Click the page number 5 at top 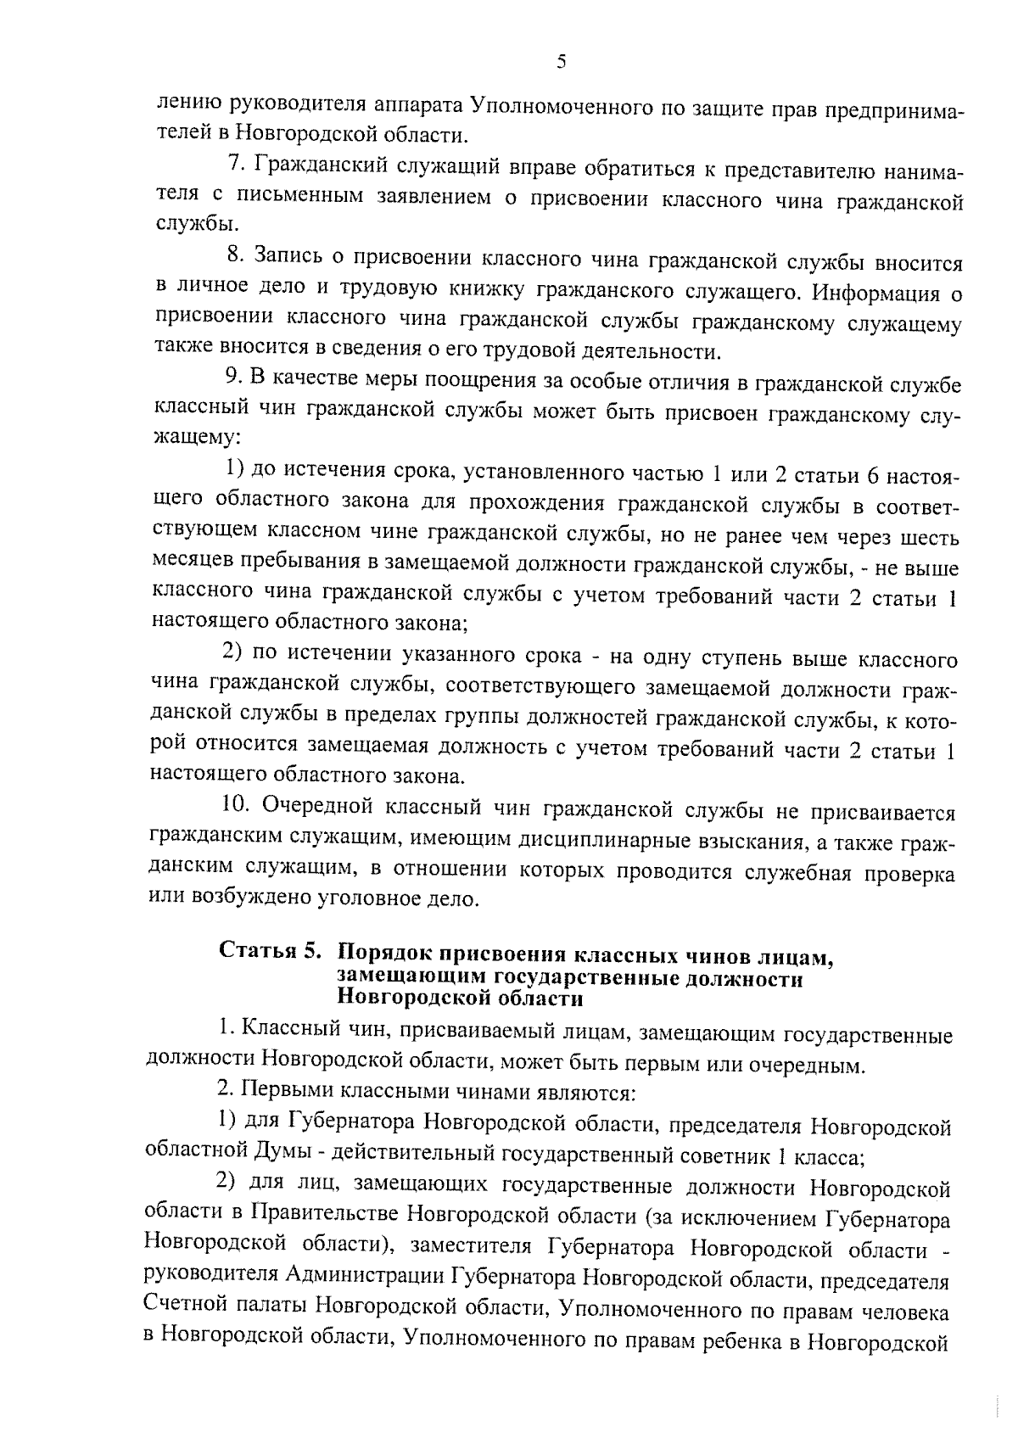tap(561, 61)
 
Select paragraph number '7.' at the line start tap(238, 163)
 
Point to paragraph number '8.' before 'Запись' tap(237, 255)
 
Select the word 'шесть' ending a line tap(931, 537)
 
